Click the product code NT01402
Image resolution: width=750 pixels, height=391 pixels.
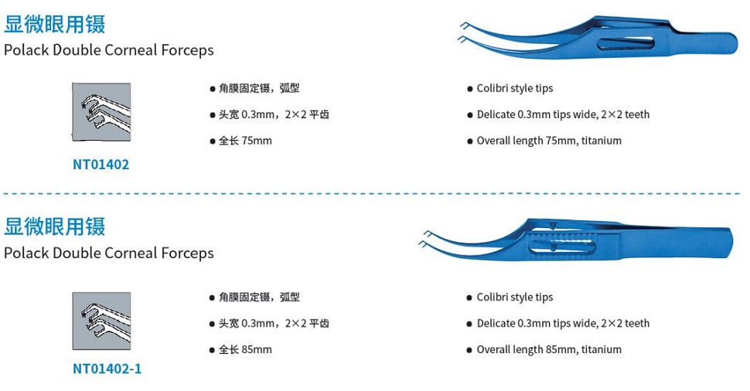coord(101,165)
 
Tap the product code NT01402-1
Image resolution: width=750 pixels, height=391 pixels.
coord(107,369)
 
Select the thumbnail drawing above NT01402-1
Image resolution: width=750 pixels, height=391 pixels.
coord(101,321)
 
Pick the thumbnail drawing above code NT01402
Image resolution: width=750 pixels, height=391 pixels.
coord(101,112)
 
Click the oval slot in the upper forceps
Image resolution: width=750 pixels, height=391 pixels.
coord(626,42)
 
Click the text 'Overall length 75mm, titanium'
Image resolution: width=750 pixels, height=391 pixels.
coord(549,141)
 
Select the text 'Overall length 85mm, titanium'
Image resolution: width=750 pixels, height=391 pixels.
coord(549,349)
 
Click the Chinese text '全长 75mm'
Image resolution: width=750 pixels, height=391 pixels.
coord(245,141)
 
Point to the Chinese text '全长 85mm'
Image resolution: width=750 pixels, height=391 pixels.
coord(245,349)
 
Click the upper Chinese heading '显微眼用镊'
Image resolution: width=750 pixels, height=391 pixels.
coord(55,24)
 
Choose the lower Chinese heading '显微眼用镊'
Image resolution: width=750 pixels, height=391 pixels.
coord(55,226)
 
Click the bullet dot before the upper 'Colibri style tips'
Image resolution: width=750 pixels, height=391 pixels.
coord(470,89)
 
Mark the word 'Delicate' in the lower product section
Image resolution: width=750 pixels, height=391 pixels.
coord(496,323)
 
